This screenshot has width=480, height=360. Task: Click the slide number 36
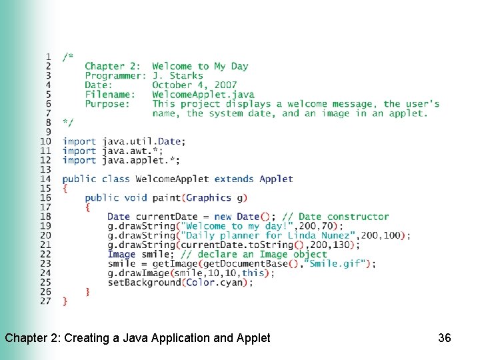click(x=445, y=338)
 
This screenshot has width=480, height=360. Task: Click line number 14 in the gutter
click(x=45, y=179)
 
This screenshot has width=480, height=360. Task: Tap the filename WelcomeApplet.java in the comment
click(x=203, y=95)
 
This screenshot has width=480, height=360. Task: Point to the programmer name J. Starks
click(x=177, y=76)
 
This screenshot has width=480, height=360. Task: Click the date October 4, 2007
click(x=194, y=85)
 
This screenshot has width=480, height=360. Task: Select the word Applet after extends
click(x=276, y=179)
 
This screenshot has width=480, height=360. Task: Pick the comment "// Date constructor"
click(x=335, y=217)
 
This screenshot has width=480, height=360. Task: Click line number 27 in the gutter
click(x=45, y=301)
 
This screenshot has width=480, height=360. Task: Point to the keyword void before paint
click(x=135, y=198)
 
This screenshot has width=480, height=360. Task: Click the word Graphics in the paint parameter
click(x=209, y=198)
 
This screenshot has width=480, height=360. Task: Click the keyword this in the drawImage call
click(x=253, y=273)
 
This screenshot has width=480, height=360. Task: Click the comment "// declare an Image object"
click(x=253, y=254)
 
